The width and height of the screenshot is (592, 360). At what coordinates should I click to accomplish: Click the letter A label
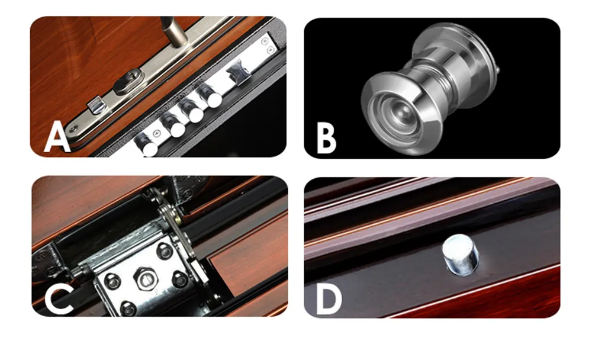pos(57,138)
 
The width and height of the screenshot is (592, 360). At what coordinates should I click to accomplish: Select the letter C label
pos(58,300)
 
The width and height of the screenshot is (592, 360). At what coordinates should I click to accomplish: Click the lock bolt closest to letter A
pos(146,144)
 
